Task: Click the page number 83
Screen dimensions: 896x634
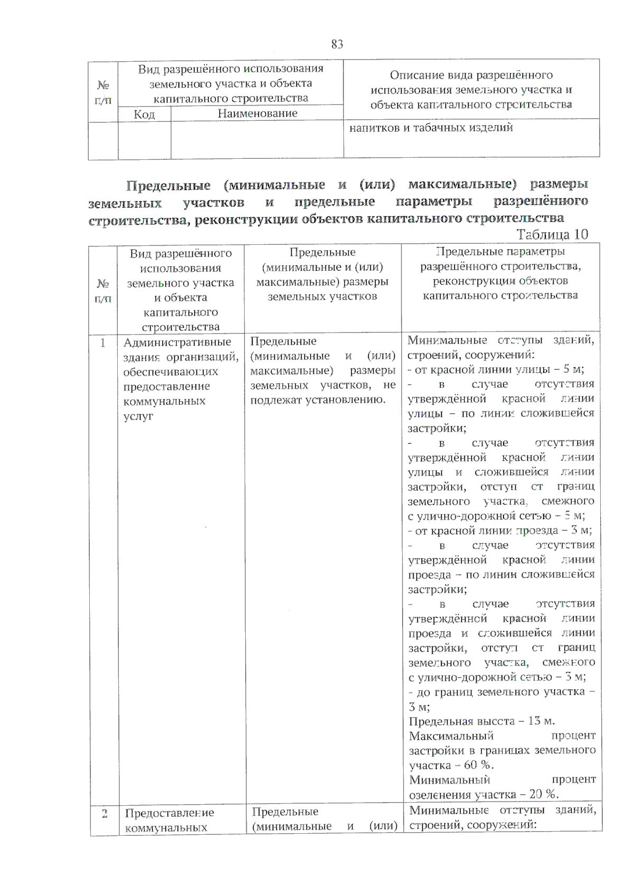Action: [337, 44]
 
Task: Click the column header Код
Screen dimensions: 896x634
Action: [144, 114]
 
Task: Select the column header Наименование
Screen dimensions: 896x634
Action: [257, 113]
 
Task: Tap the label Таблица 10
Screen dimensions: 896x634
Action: [552, 234]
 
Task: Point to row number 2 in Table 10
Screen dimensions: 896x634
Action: [104, 813]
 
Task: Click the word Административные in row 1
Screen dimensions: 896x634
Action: [177, 342]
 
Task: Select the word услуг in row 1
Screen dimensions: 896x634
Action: [138, 416]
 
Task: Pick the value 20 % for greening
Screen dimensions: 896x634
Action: [544, 795]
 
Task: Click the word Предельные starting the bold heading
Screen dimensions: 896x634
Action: [168, 186]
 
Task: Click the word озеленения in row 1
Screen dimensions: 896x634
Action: [440, 795]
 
